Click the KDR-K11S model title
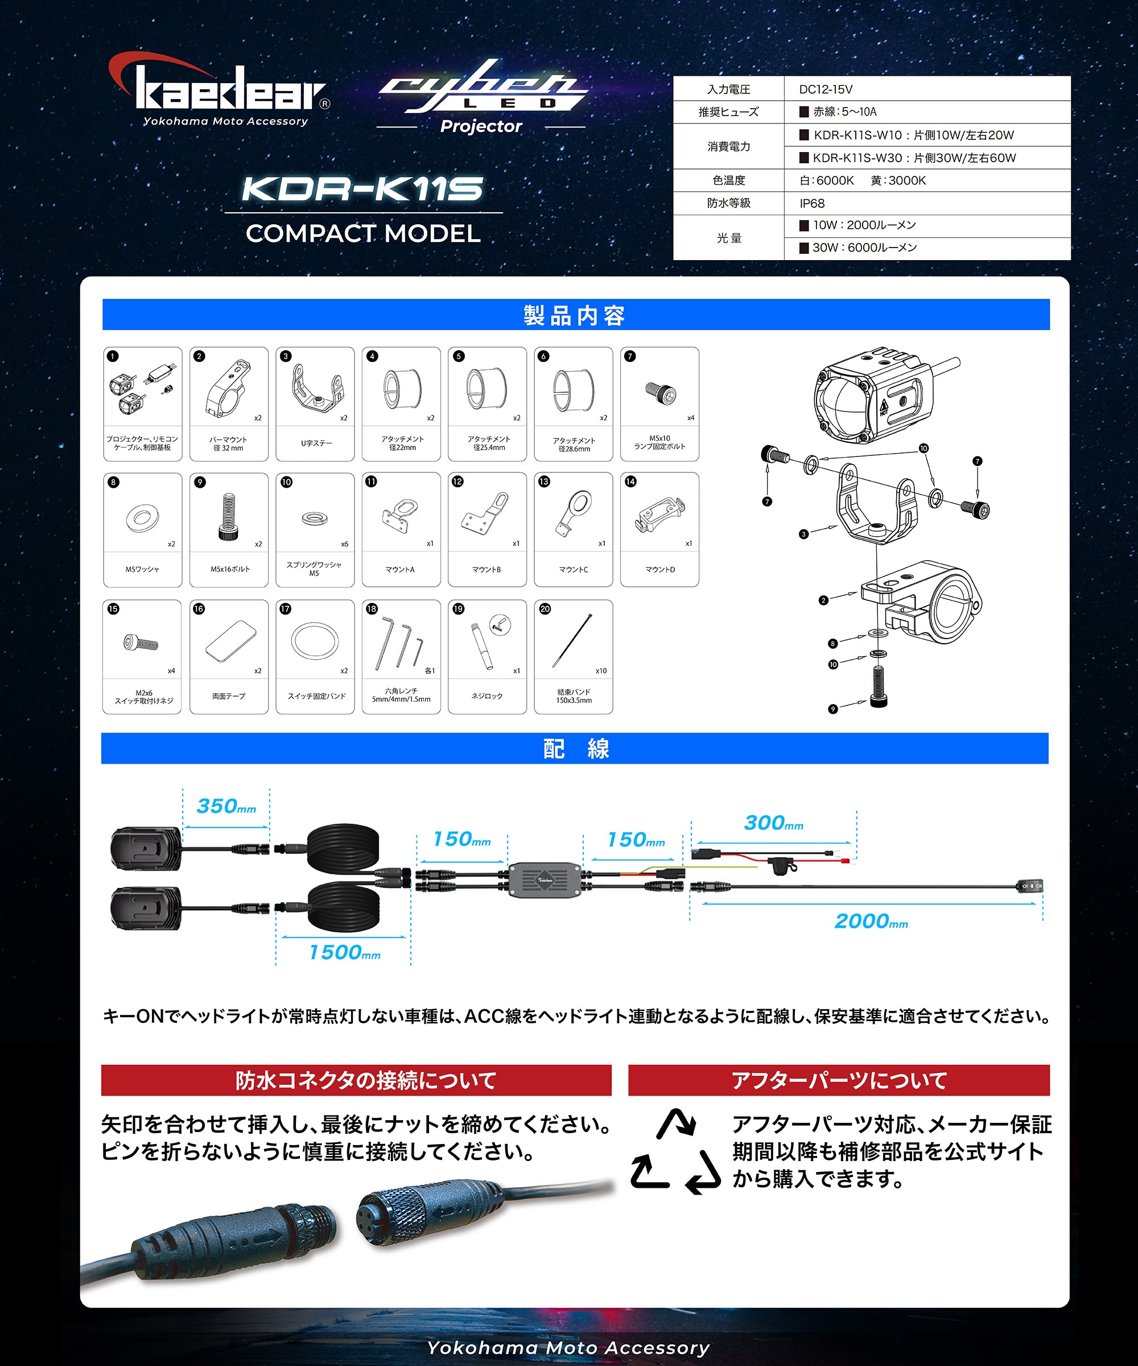[362, 190]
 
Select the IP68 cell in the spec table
[812, 204]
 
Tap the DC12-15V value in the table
[825, 89]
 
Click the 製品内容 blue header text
[575, 315]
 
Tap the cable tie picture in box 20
[573, 640]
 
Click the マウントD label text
[660, 569]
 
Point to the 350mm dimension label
[226, 807]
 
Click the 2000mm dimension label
[871, 921]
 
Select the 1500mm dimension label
[345, 953]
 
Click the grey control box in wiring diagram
[545, 879]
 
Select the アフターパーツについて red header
[838, 1080]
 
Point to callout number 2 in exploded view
[823, 600]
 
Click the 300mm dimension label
[773, 824]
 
